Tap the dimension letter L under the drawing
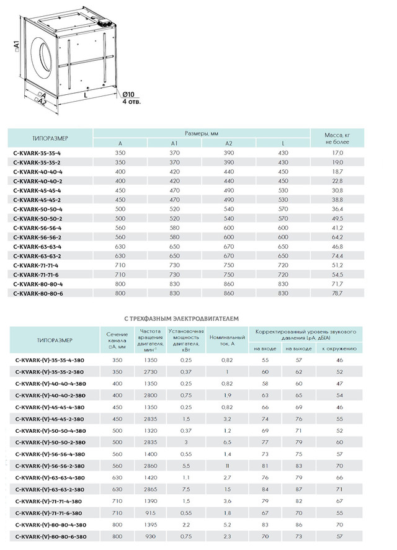[x=84, y=97]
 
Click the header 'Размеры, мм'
[x=201, y=133]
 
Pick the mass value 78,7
[x=338, y=293]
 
